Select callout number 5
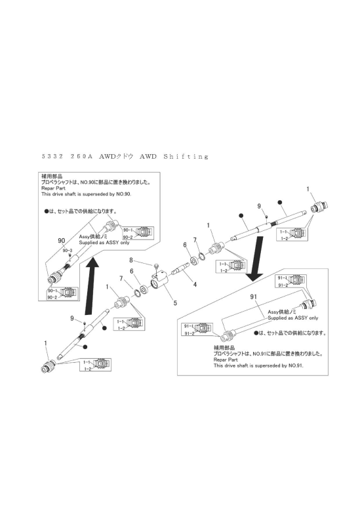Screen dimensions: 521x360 (x=175, y=304)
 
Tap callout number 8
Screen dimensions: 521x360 (x=150, y=261)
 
